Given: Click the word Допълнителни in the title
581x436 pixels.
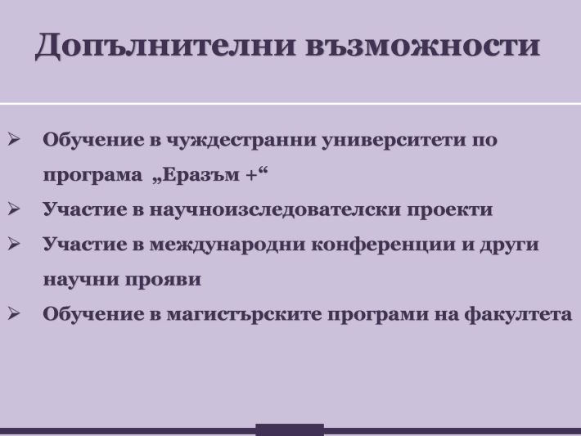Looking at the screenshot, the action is pyautogui.click(x=165, y=46).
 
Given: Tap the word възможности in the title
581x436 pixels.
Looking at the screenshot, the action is pyautogui.click(x=423, y=46).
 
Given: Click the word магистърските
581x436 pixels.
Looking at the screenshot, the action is pyautogui.click(x=244, y=315).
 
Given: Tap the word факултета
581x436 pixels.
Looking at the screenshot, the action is pyautogui.click(x=518, y=314).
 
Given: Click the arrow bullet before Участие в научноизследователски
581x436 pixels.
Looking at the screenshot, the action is pyautogui.click(x=13, y=209).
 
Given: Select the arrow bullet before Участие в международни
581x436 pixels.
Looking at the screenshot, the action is pyautogui.click(x=13, y=244).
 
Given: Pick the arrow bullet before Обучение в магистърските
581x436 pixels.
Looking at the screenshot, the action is pyautogui.click(x=13, y=313).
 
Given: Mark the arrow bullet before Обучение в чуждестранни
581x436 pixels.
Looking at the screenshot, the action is pyautogui.click(x=13, y=139).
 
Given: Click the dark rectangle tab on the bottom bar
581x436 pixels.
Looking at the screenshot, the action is pyautogui.click(x=290, y=429).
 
